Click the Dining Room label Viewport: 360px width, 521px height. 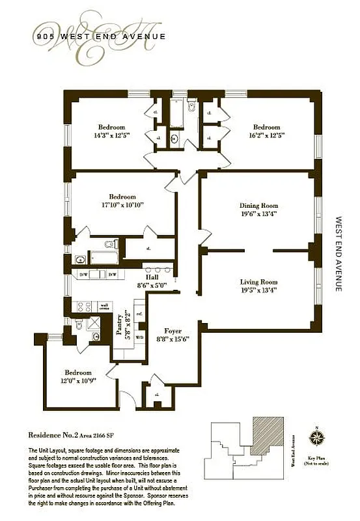click(x=258, y=205)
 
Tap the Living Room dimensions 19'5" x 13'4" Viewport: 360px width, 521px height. click(x=258, y=290)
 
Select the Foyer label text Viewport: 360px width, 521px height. click(x=173, y=331)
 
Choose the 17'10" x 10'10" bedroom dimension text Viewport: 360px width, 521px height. click(x=122, y=204)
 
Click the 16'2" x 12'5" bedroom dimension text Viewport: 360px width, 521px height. click(x=266, y=135)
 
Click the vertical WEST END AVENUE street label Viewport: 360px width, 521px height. click(x=338, y=254)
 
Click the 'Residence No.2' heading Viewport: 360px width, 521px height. click(x=57, y=434)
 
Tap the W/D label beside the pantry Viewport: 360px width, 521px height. click(x=139, y=318)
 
